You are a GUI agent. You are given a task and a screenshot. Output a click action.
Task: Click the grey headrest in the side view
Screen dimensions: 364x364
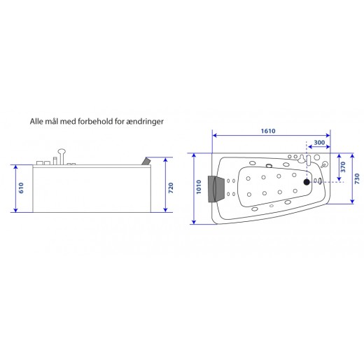coord(146,161)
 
